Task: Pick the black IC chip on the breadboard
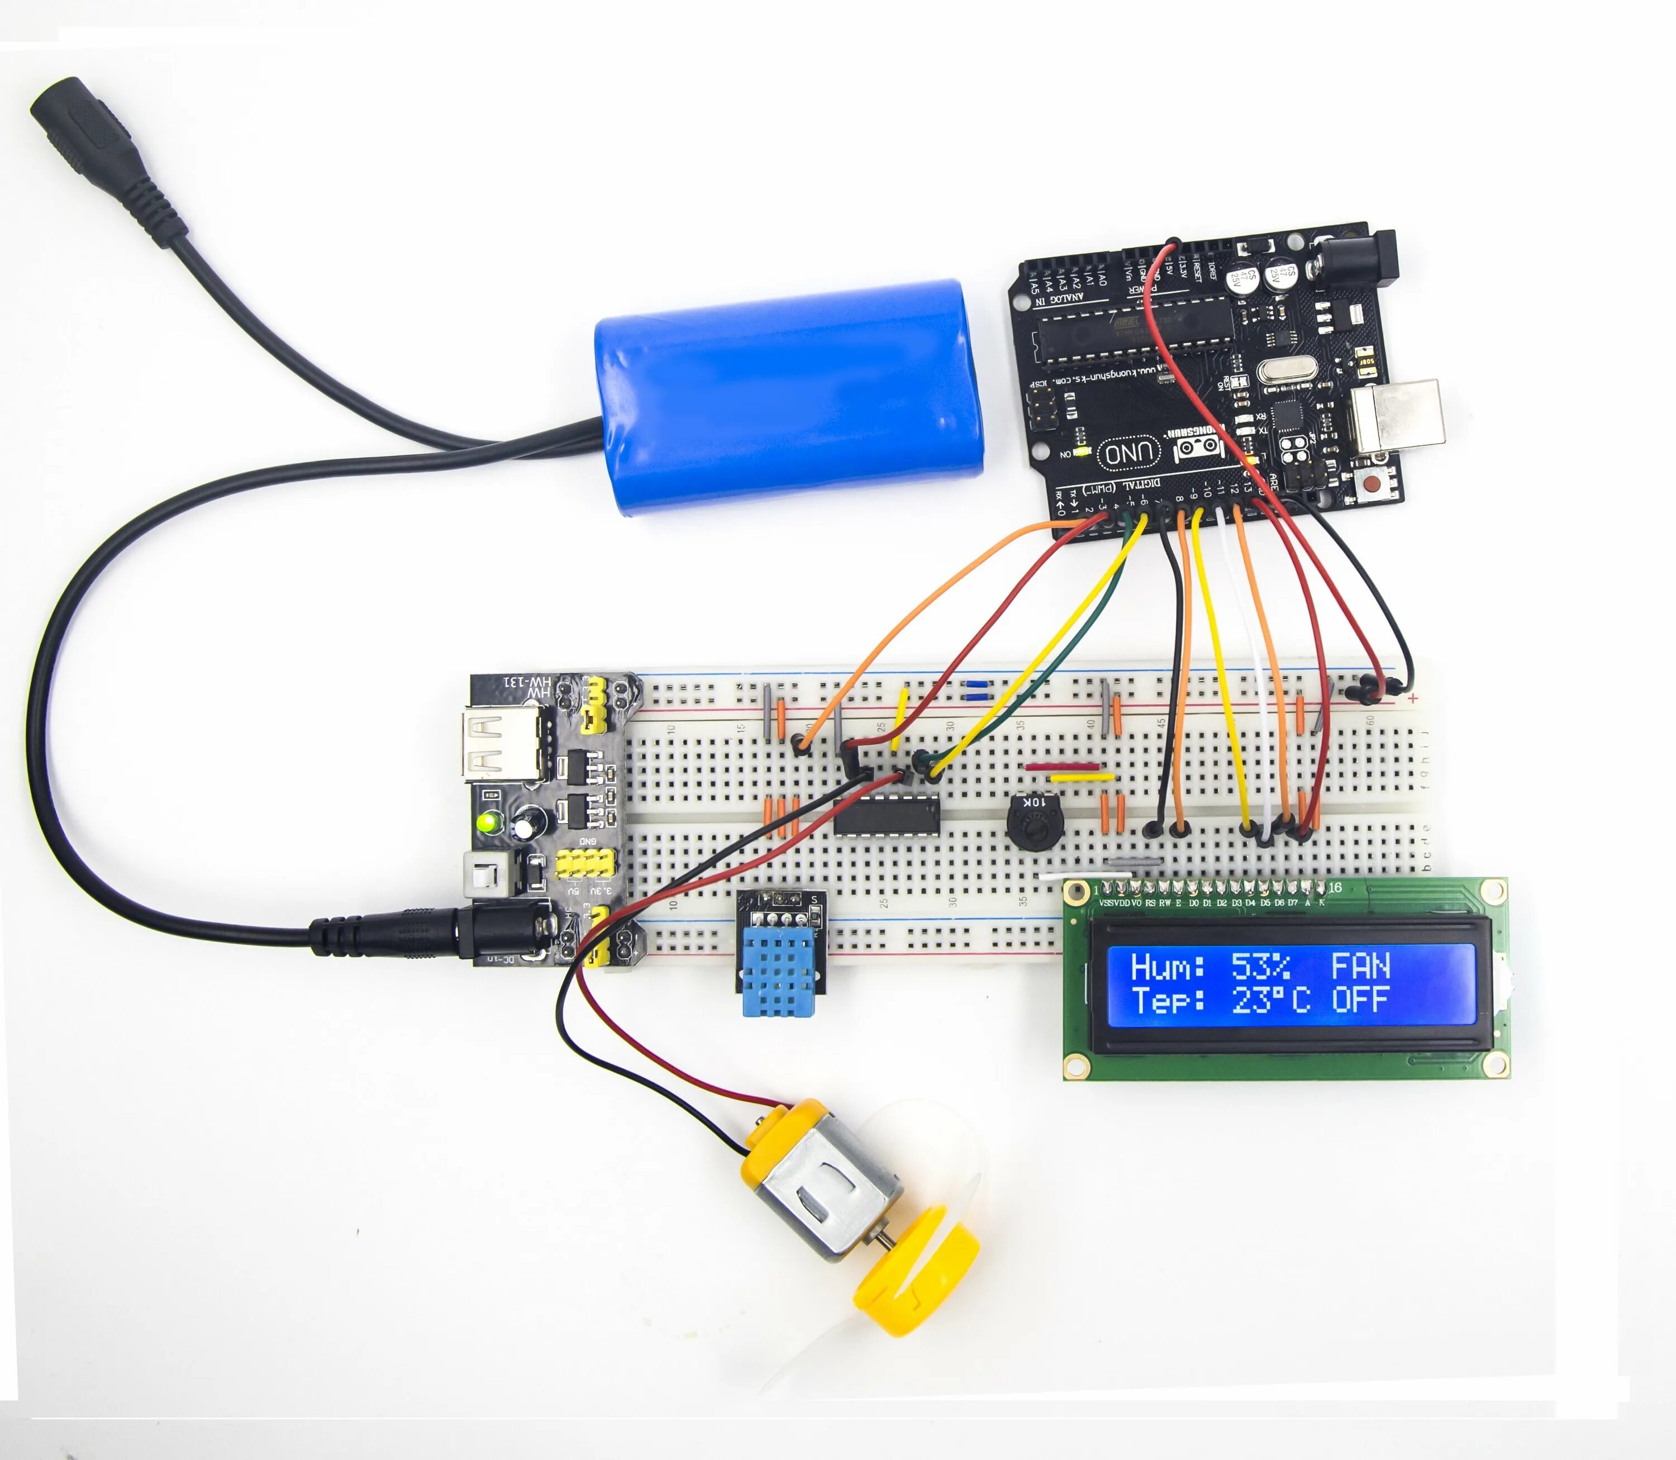[x=887, y=815]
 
